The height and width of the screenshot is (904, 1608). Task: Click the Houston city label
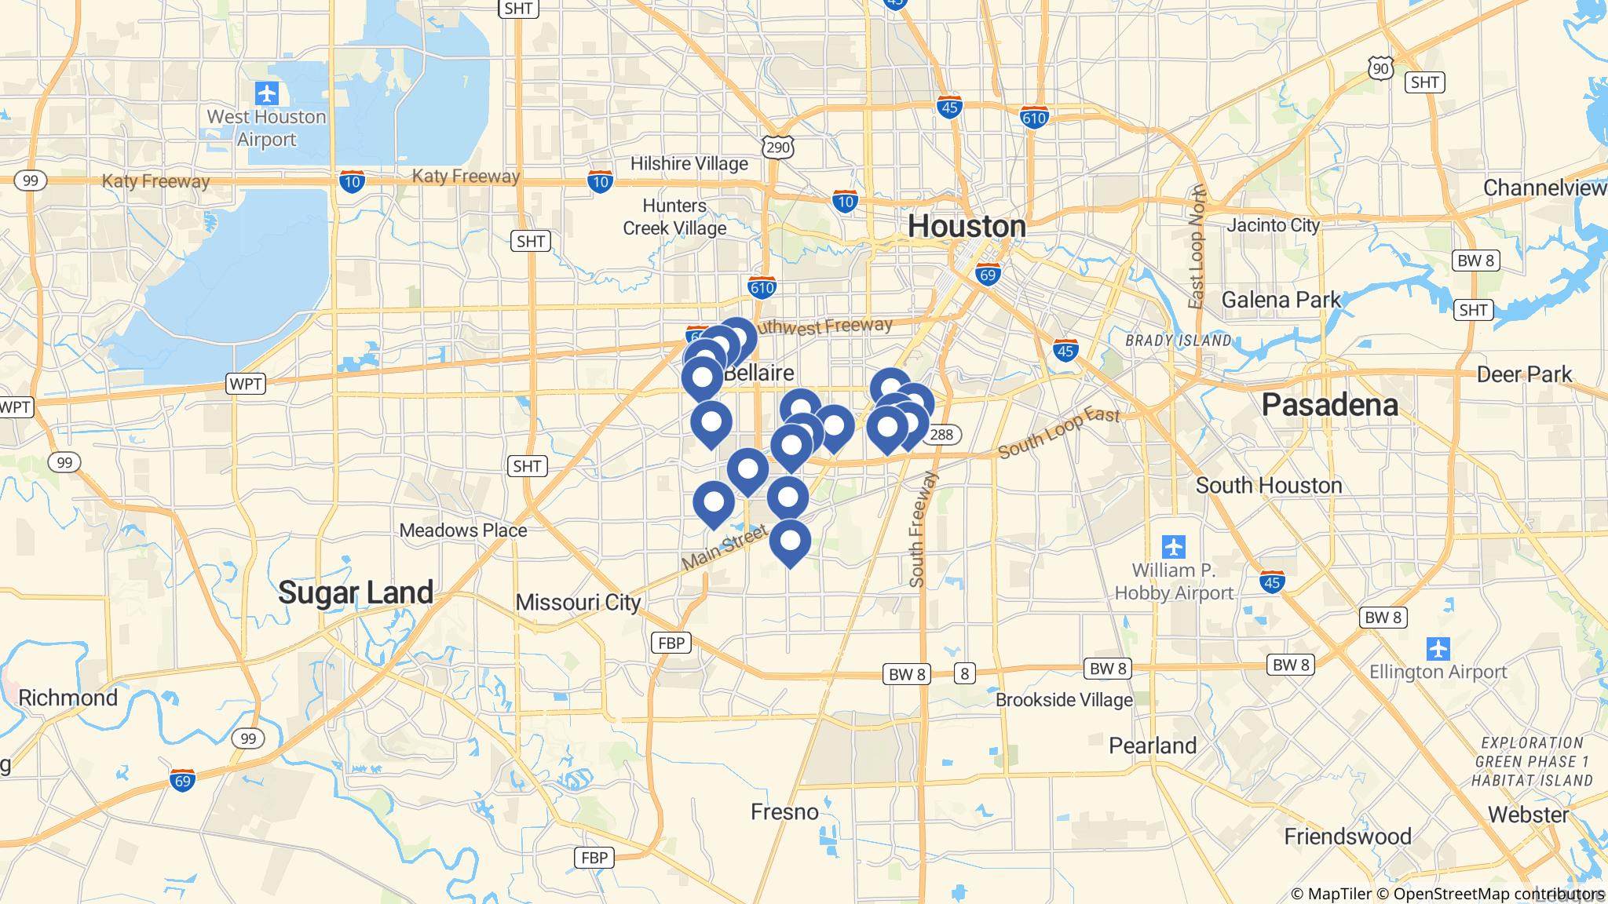967,227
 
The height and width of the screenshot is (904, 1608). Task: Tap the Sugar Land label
356,592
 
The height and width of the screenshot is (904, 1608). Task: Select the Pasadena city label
1329,405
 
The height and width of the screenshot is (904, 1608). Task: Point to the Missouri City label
578,602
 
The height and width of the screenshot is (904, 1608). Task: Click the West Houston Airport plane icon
267,94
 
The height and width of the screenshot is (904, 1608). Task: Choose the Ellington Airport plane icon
1438,649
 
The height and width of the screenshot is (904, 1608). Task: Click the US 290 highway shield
777,147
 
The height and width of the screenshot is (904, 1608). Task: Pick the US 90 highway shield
1380,69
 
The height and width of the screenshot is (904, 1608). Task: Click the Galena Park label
1281,300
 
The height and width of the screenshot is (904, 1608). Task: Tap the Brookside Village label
1064,699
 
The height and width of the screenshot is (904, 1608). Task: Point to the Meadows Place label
463,530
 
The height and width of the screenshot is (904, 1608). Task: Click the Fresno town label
784,811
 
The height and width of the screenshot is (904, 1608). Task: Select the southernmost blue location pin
790,542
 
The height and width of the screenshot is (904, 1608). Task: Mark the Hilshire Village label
689,164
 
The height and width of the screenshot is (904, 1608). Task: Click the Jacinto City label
1274,225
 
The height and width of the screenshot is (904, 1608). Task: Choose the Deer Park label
1524,374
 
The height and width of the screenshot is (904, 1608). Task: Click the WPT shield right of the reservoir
246,384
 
